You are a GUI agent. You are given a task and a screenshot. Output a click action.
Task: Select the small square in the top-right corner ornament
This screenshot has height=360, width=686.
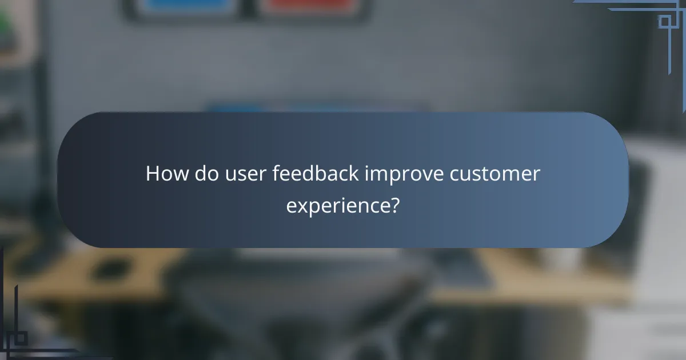click(x=664, y=22)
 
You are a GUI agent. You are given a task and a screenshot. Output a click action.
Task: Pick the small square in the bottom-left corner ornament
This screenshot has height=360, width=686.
click(x=21, y=338)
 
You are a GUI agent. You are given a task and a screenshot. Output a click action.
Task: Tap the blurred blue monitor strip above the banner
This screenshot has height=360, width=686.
click(x=314, y=107)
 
